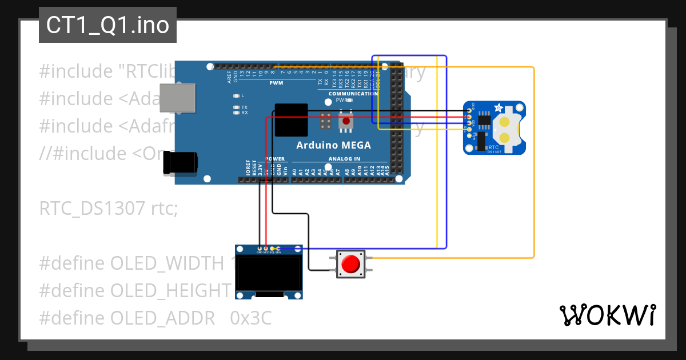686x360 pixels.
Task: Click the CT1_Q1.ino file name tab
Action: click(107, 25)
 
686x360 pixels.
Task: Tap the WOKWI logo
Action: click(607, 315)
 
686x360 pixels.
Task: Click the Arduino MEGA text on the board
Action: click(333, 145)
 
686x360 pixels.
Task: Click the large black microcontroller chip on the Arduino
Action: click(291, 120)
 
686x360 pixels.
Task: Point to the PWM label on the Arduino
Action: click(276, 83)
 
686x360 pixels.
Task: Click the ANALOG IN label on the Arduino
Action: click(344, 159)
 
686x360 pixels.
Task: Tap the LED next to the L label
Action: click(236, 95)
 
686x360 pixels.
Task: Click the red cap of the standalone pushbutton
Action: click(350, 264)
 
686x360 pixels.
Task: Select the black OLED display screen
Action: click(269, 273)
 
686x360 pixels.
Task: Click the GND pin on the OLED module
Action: click(259, 249)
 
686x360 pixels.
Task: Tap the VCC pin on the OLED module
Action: click(265, 249)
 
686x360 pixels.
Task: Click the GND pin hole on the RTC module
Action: click(470, 110)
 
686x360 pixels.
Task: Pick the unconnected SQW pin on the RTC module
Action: click(470, 137)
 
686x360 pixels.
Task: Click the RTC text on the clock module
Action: click(493, 147)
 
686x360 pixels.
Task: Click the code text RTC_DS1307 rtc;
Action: click(109, 209)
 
